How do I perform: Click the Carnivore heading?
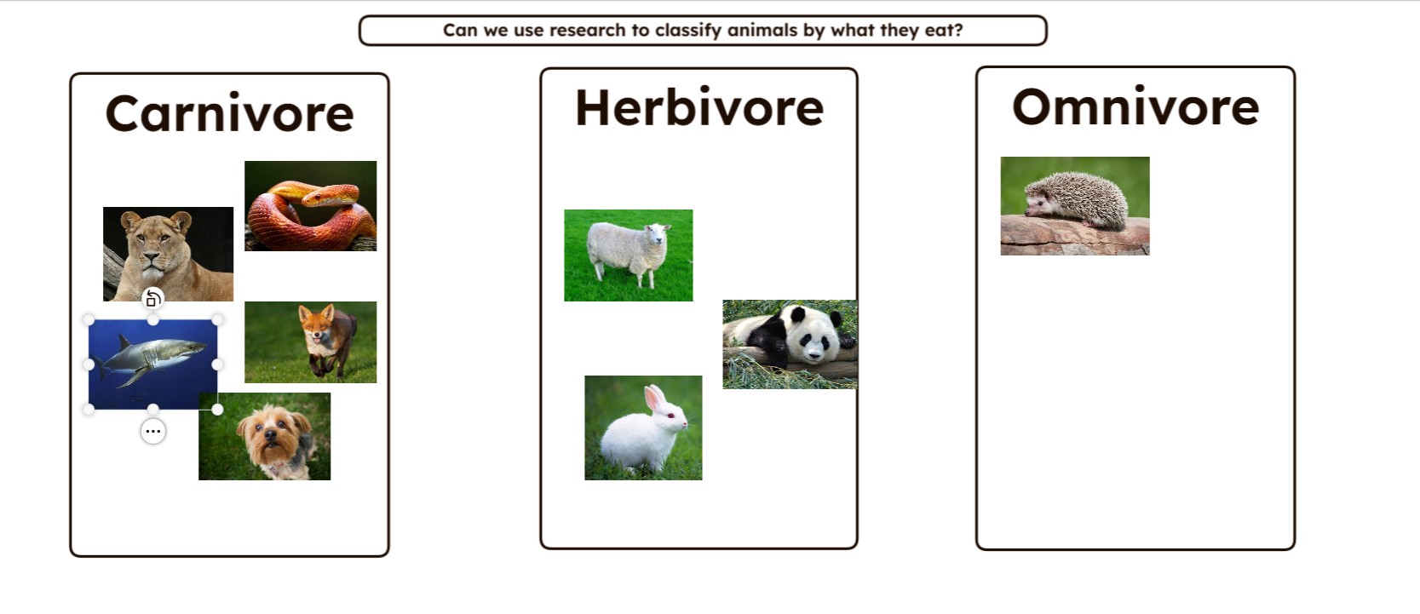pyautogui.click(x=229, y=113)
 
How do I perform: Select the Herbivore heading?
pyautogui.click(x=699, y=107)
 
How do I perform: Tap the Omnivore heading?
pyautogui.click(x=1135, y=106)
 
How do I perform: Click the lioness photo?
pyautogui.click(x=168, y=254)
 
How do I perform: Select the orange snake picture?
pyautogui.click(x=311, y=206)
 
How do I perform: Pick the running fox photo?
pyautogui.click(x=311, y=342)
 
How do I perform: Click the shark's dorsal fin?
pyautogui.click(x=124, y=343)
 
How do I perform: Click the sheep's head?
pyautogui.click(x=657, y=234)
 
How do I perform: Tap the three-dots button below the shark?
pyautogui.click(x=153, y=432)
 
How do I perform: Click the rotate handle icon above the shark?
pyautogui.click(x=152, y=298)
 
